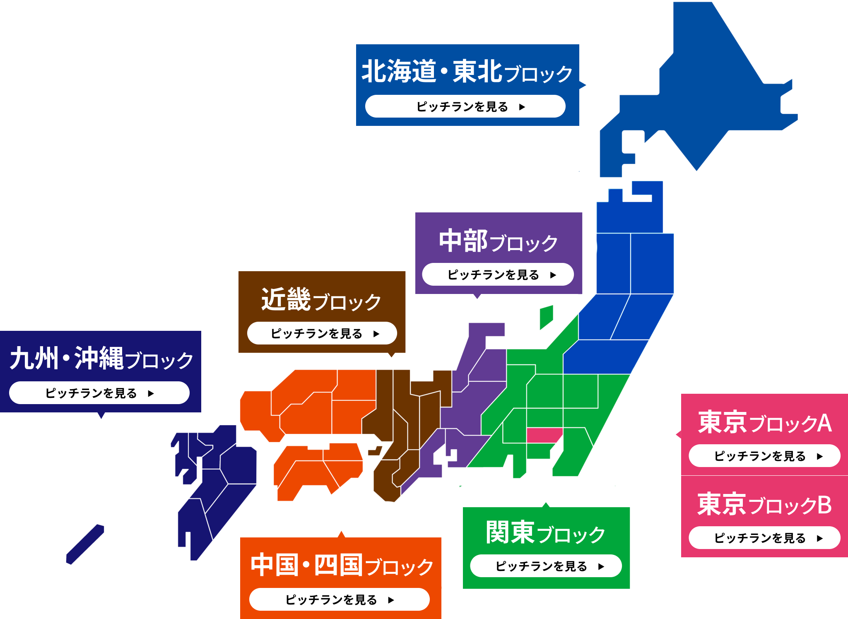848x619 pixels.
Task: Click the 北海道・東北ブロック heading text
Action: pyautogui.click(x=467, y=72)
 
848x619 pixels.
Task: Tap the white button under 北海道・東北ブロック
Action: pyautogui.click(x=465, y=106)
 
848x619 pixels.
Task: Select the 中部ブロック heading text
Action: pyautogui.click(x=498, y=241)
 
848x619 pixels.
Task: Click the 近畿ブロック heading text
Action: pyautogui.click(x=321, y=300)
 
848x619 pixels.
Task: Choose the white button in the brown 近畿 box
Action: pyautogui.click(x=322, y=333)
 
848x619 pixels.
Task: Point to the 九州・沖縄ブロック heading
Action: pyautogui.click(x=101, y=359)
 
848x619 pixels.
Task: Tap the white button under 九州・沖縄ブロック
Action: pyautogui.click(x=99, y=393)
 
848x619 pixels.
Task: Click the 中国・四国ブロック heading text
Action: pyautogui.click(x=342, y=565)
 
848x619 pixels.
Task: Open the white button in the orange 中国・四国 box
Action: pyautogui.click(x=339, y=600)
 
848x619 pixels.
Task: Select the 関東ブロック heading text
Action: pyautogui.click(x=545, y=533)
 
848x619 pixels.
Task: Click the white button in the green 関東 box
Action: pyautogui.click(x=546, y=566)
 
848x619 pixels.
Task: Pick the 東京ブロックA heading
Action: pyautogui.click(x=764, y=423)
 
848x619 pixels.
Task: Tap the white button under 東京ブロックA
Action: pyautogui.click(x=764, y=456)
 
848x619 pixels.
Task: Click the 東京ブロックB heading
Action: pyautogui.click(x=764, y=505)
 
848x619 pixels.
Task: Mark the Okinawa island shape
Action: pyautogui.click(x=85, y=544)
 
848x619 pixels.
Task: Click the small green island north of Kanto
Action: pyautogui.click(x=546, y=317)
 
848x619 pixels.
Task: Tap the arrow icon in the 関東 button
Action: pyautogui.click(x=601, y=566)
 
